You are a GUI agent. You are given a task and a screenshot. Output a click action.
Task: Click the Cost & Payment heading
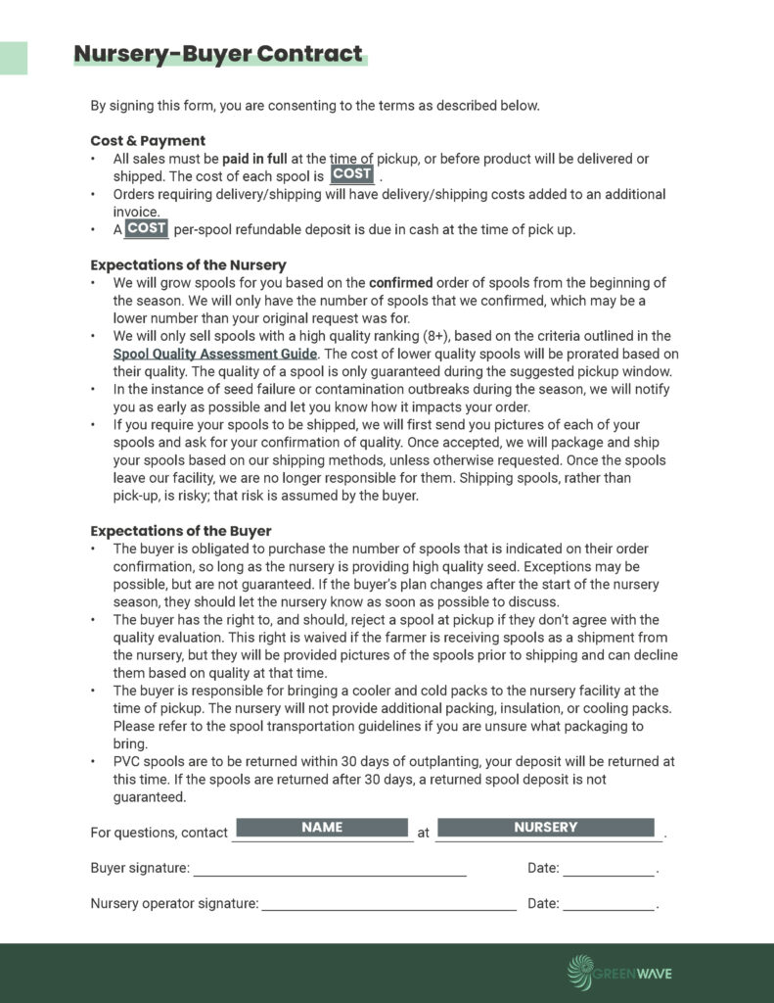148,140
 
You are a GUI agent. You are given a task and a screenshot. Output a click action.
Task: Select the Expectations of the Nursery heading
188,264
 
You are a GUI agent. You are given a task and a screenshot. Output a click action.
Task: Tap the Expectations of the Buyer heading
181,531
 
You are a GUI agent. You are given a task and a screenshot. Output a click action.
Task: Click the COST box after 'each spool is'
351,174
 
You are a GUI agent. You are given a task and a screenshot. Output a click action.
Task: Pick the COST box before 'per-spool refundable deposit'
147,229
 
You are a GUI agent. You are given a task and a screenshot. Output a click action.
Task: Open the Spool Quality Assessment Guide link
214,354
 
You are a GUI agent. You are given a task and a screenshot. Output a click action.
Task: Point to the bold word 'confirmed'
400,283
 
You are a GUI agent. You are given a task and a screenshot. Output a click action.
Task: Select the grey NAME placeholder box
322,828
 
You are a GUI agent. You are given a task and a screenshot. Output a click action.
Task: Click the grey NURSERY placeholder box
545,828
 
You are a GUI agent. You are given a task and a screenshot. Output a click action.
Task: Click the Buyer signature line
330,870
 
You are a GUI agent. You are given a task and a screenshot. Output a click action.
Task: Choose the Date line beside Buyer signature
609,870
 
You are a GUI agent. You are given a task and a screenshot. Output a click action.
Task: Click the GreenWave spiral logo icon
582,972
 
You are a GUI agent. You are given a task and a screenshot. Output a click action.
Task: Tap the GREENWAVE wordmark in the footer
636,973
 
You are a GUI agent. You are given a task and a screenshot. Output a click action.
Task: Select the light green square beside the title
13,58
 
